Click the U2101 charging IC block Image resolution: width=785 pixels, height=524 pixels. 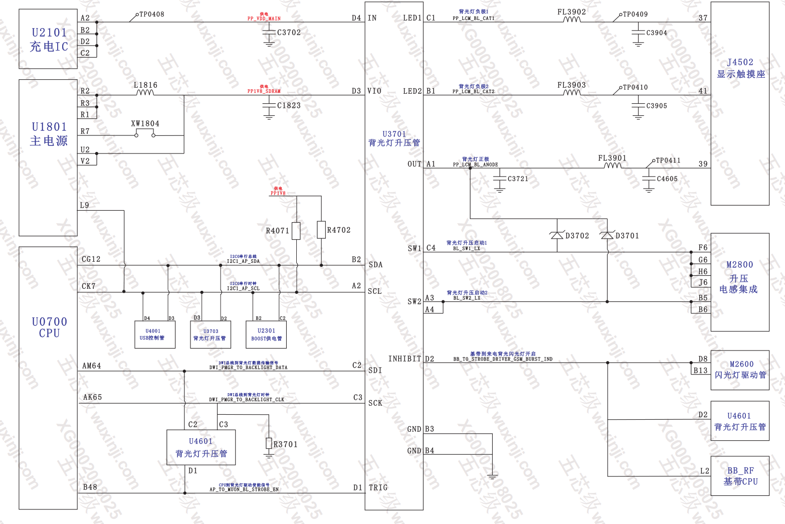tap(48, 39)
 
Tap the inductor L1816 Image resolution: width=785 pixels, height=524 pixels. tap(145, 92)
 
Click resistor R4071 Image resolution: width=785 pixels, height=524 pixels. tap(296, 231)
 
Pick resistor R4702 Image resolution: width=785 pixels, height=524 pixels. tap(321, 230)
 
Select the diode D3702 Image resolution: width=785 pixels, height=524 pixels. tap(557, 235)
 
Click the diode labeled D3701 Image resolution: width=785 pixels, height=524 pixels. tap(607, 235)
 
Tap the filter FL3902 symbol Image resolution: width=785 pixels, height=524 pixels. tap(571, 20)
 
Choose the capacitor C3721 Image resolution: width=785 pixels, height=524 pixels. tap(500, 179)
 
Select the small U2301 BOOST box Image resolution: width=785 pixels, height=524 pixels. tap(266, 334)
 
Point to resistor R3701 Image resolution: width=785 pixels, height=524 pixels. tap(269, 444)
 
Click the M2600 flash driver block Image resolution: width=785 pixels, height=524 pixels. tap(740, 370)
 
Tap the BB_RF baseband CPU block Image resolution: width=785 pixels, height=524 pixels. tap(740, 476)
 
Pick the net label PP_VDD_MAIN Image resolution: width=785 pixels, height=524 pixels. tap(264, 19)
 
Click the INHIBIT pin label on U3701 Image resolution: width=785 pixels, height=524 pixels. tap(405, 359)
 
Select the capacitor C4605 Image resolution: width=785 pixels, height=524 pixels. tap(649, 179)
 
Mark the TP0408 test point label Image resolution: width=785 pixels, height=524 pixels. tap(151, 15)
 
